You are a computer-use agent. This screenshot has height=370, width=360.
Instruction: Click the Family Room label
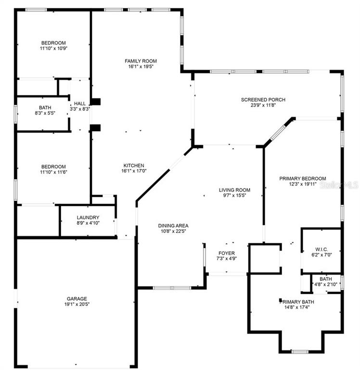coord(141,61)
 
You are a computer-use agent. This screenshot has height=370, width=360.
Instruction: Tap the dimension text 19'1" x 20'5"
coord(77,304)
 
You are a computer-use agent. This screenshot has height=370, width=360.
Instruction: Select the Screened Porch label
coord(263,100)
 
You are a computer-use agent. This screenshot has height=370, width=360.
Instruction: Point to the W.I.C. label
coord(321,250)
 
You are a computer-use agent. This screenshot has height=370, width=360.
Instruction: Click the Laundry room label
coord(88,218)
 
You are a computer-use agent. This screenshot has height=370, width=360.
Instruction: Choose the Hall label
coord(80,104)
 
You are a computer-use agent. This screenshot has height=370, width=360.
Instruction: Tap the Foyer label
coord(227,253)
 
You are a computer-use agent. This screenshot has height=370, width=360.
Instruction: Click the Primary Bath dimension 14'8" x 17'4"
coord(297,307)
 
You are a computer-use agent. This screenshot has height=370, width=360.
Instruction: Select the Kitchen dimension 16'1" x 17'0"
coord(134,171)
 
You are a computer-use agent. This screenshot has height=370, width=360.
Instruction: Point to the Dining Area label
coord(173,226)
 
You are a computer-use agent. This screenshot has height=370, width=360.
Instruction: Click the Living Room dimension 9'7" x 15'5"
coord(234,196)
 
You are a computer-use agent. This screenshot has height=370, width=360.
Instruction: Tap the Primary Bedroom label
coord(303,179)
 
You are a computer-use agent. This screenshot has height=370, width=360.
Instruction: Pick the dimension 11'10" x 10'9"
coord(54,48)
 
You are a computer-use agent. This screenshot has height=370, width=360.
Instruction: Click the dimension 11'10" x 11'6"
coord(54,172)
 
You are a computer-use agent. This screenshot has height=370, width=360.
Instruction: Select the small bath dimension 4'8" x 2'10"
coord(326,284)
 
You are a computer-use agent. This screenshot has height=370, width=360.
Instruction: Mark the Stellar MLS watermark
coord(339,185)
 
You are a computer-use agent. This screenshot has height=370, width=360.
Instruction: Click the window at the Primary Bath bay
coord(300,352)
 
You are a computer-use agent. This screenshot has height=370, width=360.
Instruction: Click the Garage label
coord(77,299)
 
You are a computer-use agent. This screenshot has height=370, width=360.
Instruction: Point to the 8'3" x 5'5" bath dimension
coord(45,113)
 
